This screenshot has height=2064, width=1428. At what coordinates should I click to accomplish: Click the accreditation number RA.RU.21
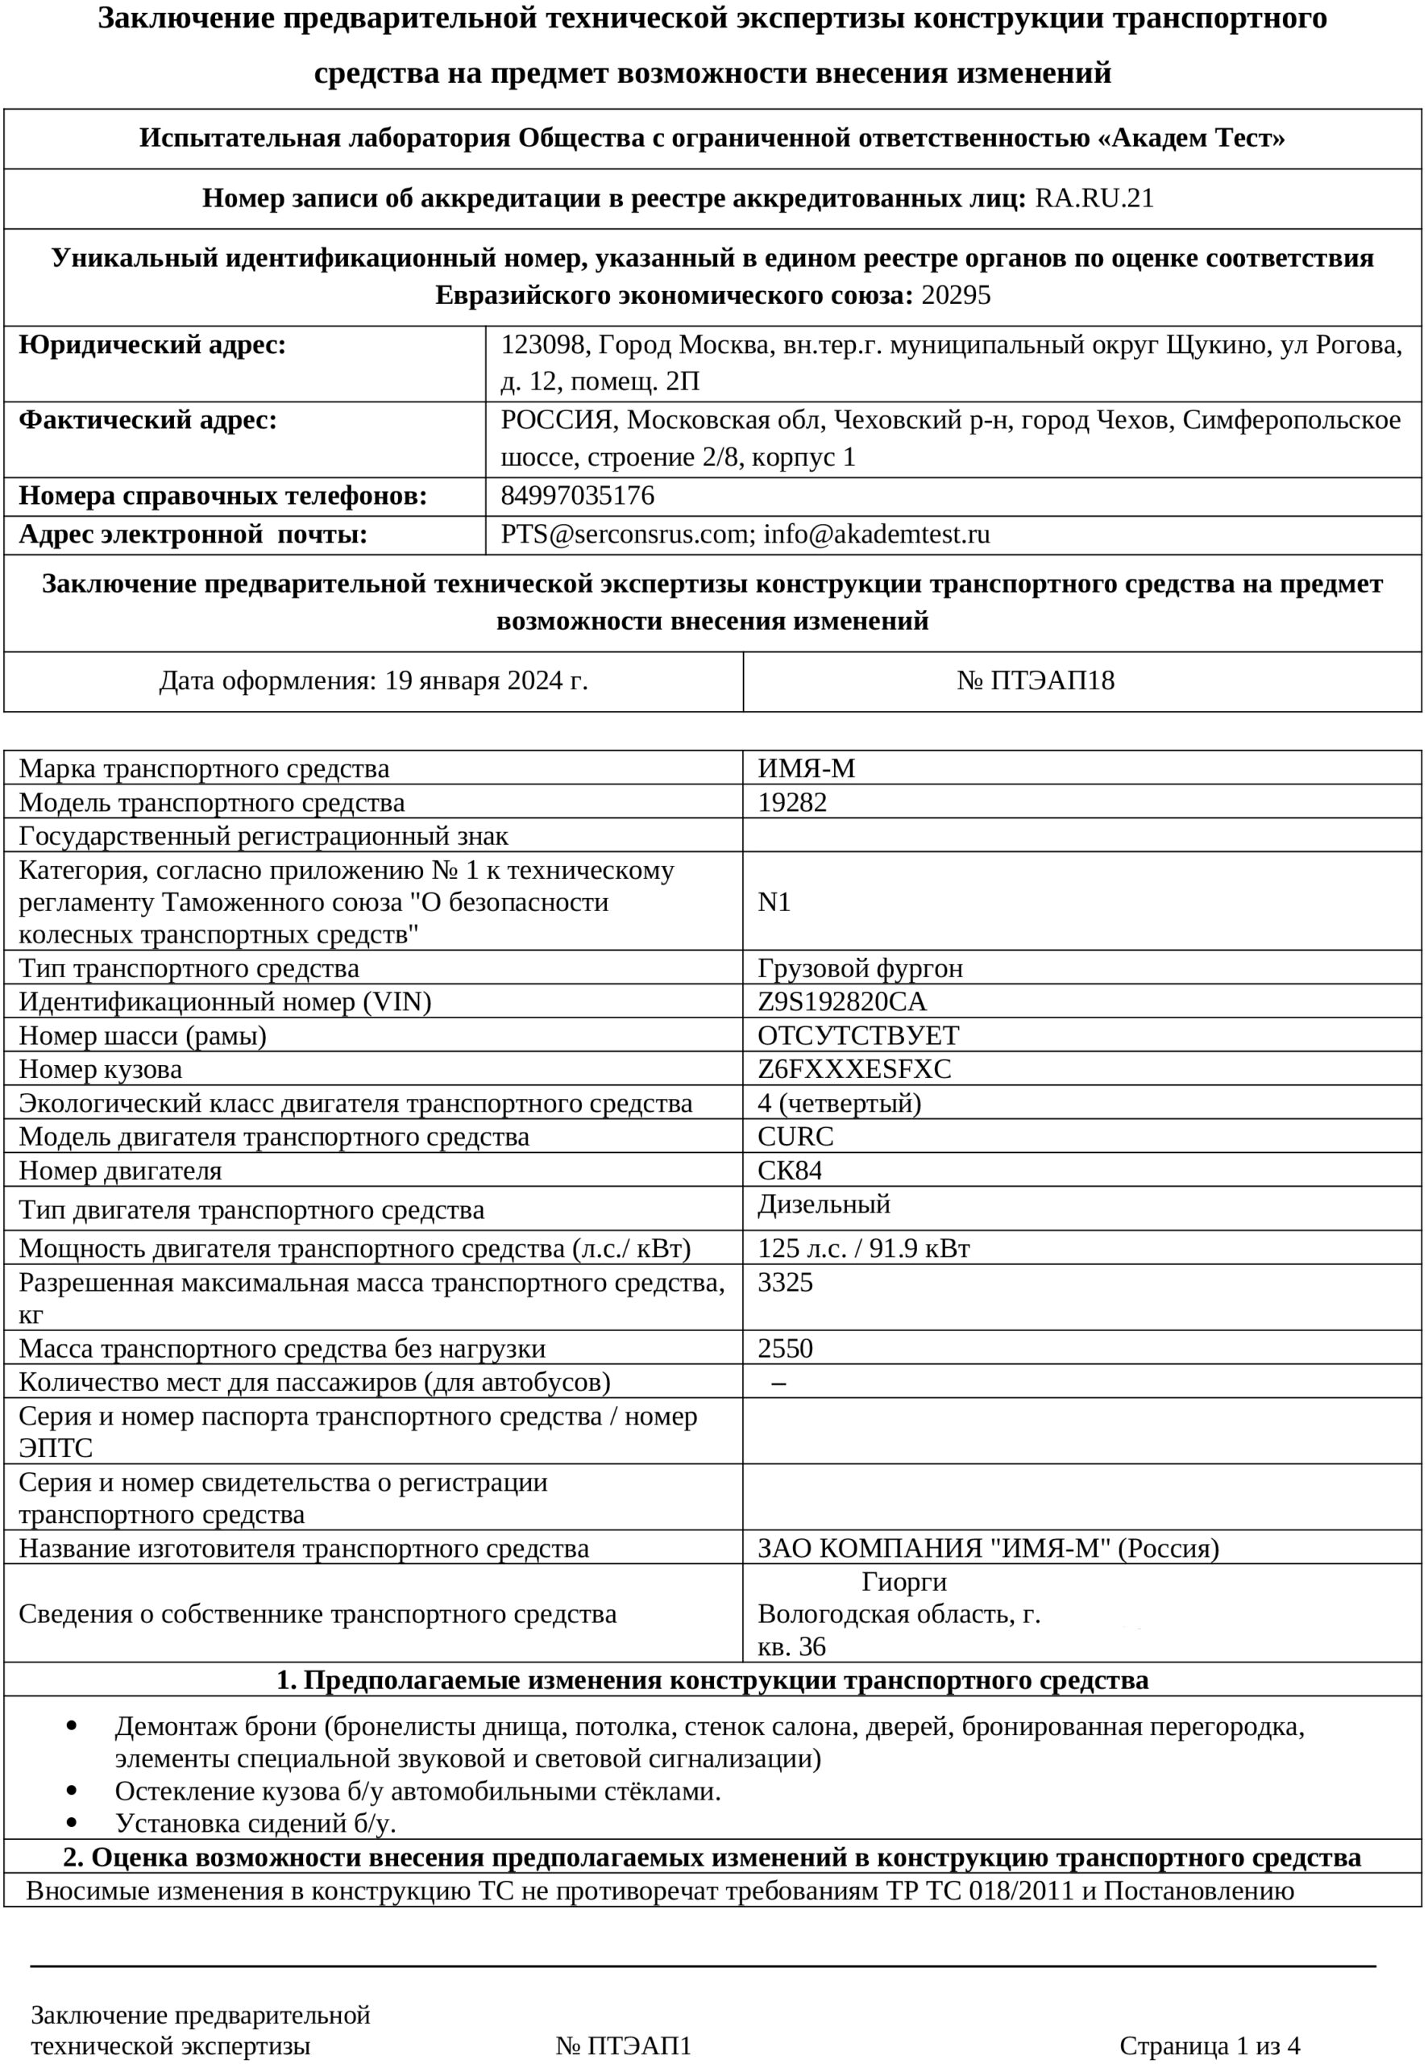(x=1094, y=198)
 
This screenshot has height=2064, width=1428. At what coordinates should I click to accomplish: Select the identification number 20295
(x=956, y=295)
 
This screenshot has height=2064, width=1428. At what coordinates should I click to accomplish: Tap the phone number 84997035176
(x=577, y=496)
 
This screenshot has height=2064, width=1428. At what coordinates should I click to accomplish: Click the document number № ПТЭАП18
(x=1036, y=681)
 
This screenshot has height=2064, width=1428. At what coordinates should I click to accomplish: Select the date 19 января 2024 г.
(x=486, y=681)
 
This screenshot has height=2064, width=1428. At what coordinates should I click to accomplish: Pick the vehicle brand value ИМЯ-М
(x=806, y=769)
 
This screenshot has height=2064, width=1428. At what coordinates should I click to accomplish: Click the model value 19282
(x=792, y=803)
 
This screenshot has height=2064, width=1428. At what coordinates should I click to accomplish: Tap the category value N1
(x=774, y=902)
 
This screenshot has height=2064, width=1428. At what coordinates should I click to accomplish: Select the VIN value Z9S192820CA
(x=842, y=1002)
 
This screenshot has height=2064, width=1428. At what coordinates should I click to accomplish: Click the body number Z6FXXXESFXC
(x=854, y=1070)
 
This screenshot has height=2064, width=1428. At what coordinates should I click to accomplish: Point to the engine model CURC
(x=795, y=1137)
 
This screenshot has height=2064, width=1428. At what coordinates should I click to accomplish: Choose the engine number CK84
(x=789, y=1171)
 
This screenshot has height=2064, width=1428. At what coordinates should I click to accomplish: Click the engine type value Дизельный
(x=824, y=1205)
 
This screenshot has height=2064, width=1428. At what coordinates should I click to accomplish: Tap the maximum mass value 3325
(x=786, y=1283)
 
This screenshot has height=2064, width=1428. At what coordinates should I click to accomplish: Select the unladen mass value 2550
(x=786, y=1349)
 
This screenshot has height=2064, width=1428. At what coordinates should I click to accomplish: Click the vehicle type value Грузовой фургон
(x=860, y=968)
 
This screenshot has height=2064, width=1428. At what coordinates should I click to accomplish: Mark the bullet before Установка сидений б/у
(x=72, y=1822)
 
